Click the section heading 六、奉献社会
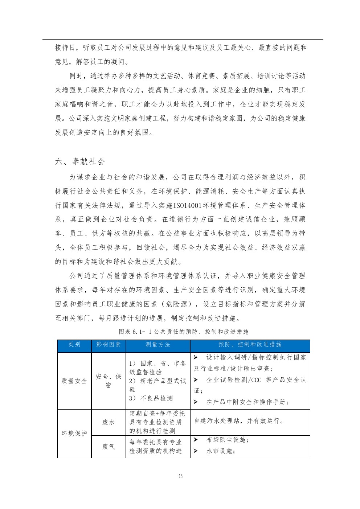pyautogui.click(x=80, y=162)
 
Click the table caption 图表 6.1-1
pyautogui.click(x=183, y=332)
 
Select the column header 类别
pyautogui.click(x=74, y=345)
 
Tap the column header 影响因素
pyautogui.click(x=109, y=345)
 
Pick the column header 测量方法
pyautogui.click(x=157, y=345)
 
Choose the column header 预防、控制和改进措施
pyautogui.click(x=250, y=345)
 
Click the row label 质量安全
pyautogui.click(x=74, y=381)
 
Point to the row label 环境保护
pyautogui.click(x=74, y=434)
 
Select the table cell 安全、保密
pyautogui.click(x=109, y=381)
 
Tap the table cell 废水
pyautogui.click(x=109, y=422)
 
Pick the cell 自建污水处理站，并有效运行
pyautogui.click(x=239, y=421)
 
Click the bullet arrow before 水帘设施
pyautogui.click(x=196, y=451)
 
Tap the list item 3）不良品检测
pyautogui.click(x=151, y=398)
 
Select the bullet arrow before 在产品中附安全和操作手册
pyautogui.click(x=196, y=402)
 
